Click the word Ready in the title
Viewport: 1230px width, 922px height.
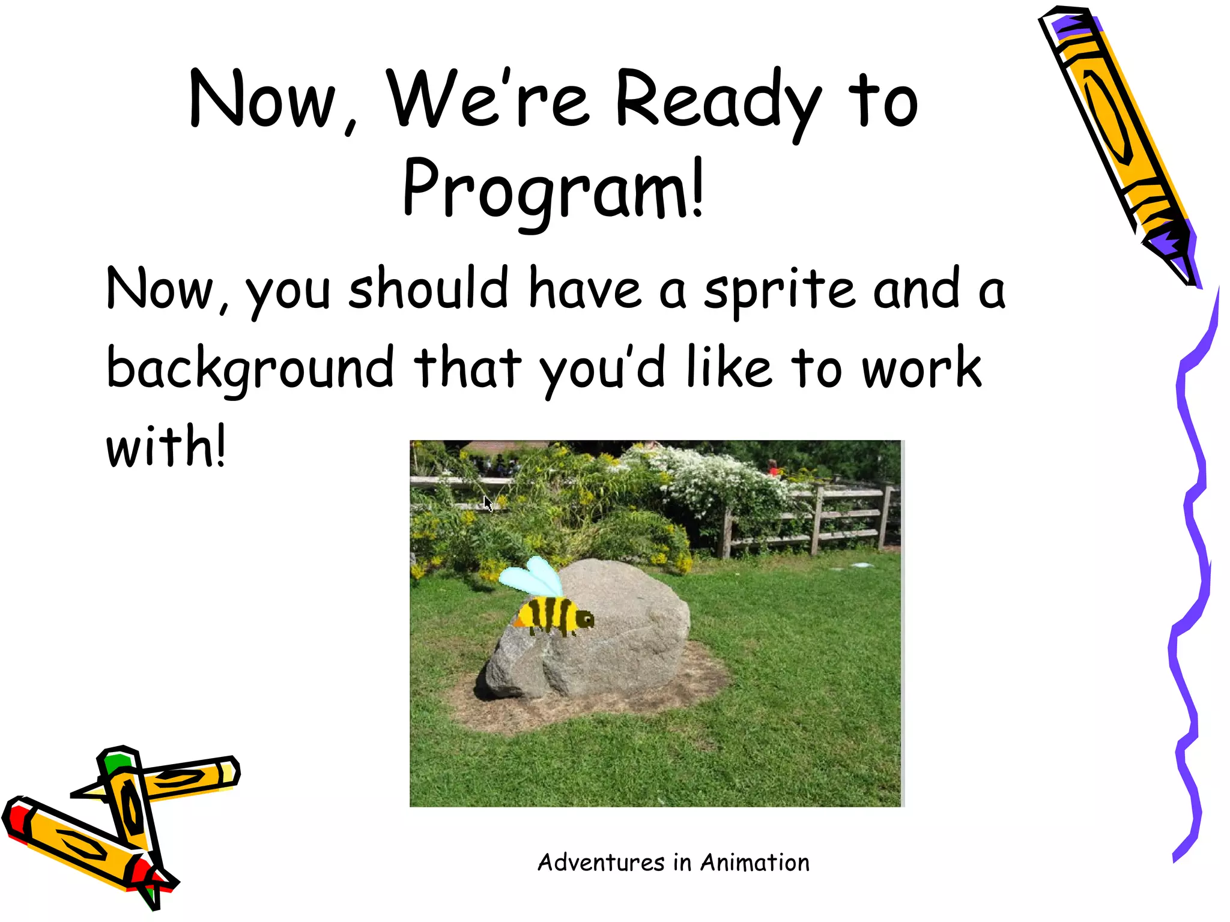tap(717, 101)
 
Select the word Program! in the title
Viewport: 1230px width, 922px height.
tap(553, 188)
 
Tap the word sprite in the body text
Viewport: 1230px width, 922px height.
tap(780, 289)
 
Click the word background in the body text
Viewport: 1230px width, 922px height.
tap(250, 368)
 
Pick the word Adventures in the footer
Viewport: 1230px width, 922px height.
tap(601, 863)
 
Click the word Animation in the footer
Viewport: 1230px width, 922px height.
tap(755, 863)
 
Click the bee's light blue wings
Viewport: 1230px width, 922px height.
tap(532, 576)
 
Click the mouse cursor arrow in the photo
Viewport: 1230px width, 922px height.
tap(488, 504)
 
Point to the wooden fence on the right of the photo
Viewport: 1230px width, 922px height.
tap(841, 516)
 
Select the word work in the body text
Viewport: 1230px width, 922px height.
tap(921, 368)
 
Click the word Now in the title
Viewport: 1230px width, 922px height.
tap(262, 101)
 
